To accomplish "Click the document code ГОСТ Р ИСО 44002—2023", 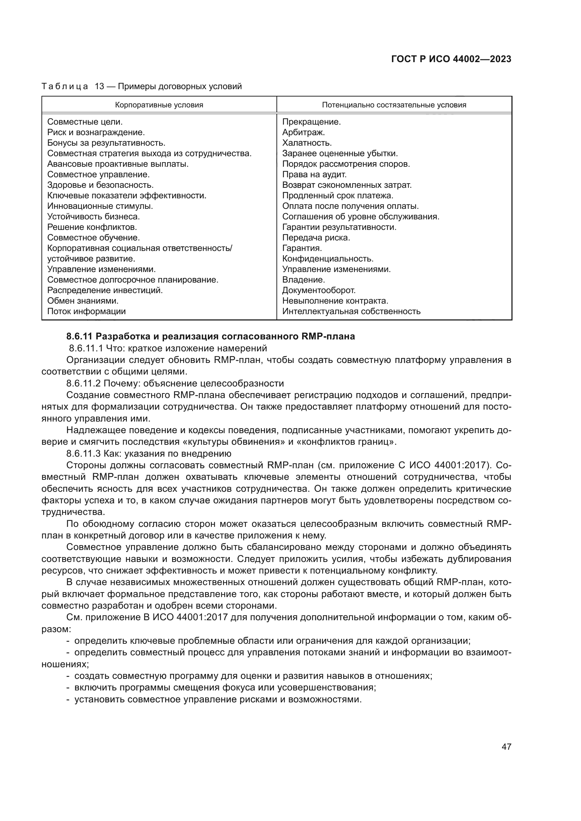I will (x=451, y=59).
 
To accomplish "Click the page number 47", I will (x=506, y=747).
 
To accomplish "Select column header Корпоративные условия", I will (x=159, y=105).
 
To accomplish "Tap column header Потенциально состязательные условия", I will (x=394, y=105).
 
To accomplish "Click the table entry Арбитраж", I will (x=303, y=132).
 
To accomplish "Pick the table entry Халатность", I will (x=307, y=143).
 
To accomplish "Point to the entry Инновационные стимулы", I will (x=100, y=206).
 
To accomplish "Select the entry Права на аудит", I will (x=314, y=174).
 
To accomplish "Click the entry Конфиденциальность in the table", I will (x=328, y=259).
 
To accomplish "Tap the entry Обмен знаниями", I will (x=83, y=301).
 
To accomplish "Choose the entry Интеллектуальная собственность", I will (x=351, y=311).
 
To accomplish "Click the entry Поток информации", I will (x=86, y=311).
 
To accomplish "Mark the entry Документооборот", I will (x=319, y=290).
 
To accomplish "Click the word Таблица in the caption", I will (x=65, y=87).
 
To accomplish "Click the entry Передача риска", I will (x=316, y=237).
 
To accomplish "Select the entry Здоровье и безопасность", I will (x=100, y=185).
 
